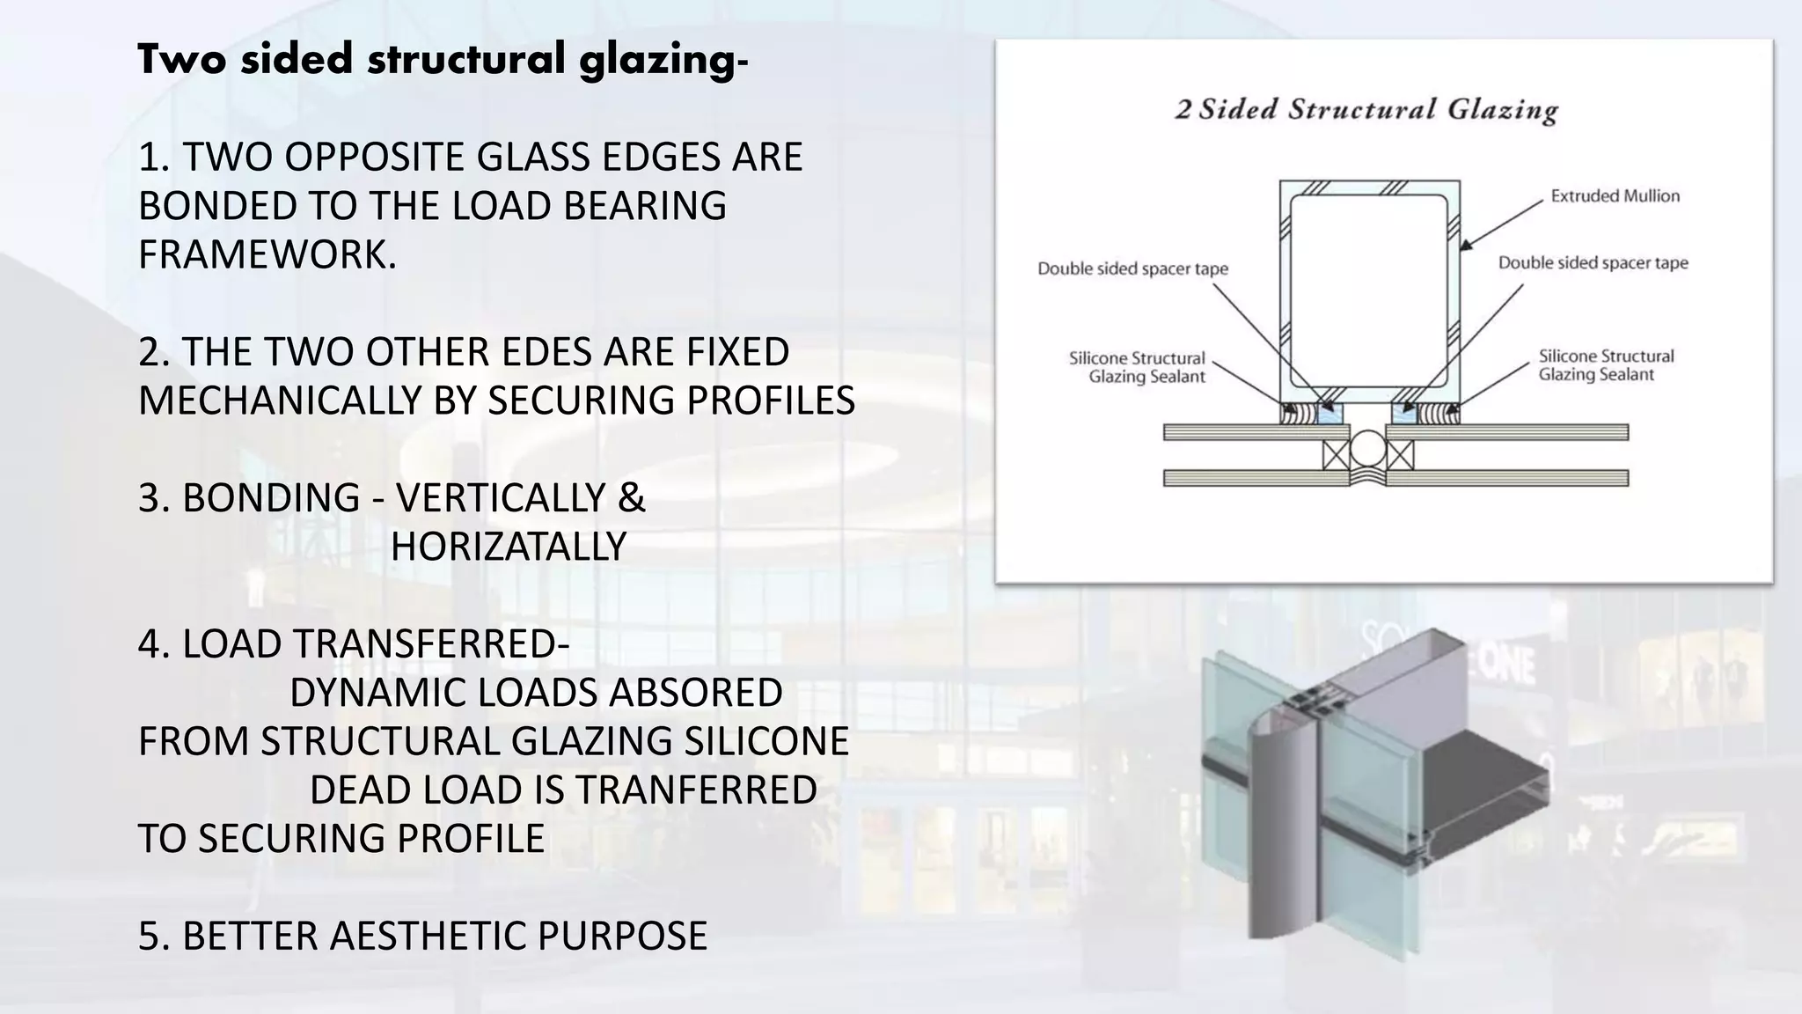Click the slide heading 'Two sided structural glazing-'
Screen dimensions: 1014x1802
[x=443, y=60]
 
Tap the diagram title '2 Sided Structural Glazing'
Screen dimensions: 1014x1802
[x=1366, y=110]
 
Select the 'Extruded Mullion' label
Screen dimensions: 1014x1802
[x=1615, y=196]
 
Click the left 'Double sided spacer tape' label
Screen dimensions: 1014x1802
[x=1132, y=268]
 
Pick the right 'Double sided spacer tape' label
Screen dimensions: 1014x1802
[x=1593, y=263]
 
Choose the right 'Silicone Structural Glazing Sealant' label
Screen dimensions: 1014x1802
[x=1605, y=365]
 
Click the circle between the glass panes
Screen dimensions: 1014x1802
[x=1367, y=449]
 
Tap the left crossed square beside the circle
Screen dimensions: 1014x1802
[x=1335, y=454]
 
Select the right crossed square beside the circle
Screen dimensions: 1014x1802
[x=1400, y=454]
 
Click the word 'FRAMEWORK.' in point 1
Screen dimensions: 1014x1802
[x=267, y=254]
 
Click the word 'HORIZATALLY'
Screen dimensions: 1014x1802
[x=508, y=547]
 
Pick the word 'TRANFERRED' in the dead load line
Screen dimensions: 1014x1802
[x=694, y=790]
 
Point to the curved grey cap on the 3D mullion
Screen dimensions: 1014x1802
[x=1274, y=836]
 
